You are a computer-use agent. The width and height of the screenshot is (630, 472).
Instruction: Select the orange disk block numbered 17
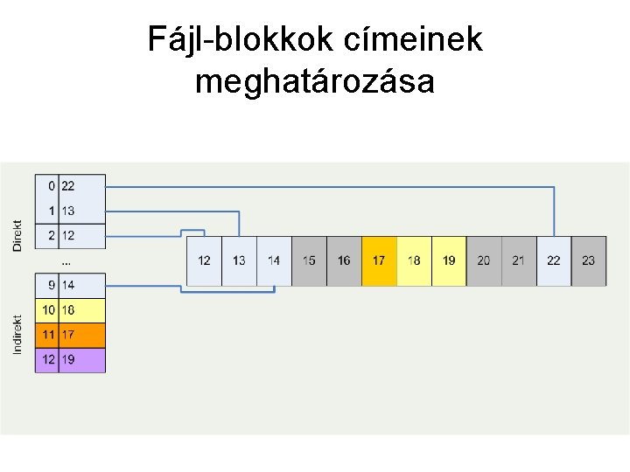(379, 260)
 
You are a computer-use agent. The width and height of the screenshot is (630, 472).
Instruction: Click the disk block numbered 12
(204, 260)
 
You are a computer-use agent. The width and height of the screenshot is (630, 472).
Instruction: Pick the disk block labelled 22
(554, 260)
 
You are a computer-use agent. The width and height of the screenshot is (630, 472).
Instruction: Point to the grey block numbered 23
(589, 260)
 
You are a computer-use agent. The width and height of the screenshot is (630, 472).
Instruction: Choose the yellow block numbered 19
(449, 260)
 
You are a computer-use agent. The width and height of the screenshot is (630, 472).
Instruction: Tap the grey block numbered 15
(309, 260)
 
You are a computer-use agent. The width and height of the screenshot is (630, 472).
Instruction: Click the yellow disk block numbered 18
(414, 260)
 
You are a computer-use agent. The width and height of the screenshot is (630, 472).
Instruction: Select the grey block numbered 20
(484, 260)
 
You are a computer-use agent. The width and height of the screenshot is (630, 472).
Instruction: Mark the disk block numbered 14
(274, 260)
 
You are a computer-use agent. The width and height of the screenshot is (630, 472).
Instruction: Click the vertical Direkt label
(17, 235)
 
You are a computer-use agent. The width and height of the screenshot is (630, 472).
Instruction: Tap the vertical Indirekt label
(17, 334)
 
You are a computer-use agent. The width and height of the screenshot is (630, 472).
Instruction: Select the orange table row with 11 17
(70, 335)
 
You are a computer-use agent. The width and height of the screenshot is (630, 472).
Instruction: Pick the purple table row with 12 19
(70, 359)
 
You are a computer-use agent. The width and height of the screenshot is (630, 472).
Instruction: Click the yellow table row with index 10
(70, 310)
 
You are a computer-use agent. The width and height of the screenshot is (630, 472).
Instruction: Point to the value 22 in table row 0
(68, 186)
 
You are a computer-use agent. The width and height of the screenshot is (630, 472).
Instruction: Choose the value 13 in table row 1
(68, 211)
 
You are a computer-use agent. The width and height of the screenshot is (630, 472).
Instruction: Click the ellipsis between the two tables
(66, 261)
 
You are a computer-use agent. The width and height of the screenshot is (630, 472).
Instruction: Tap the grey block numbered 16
(344, 260)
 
